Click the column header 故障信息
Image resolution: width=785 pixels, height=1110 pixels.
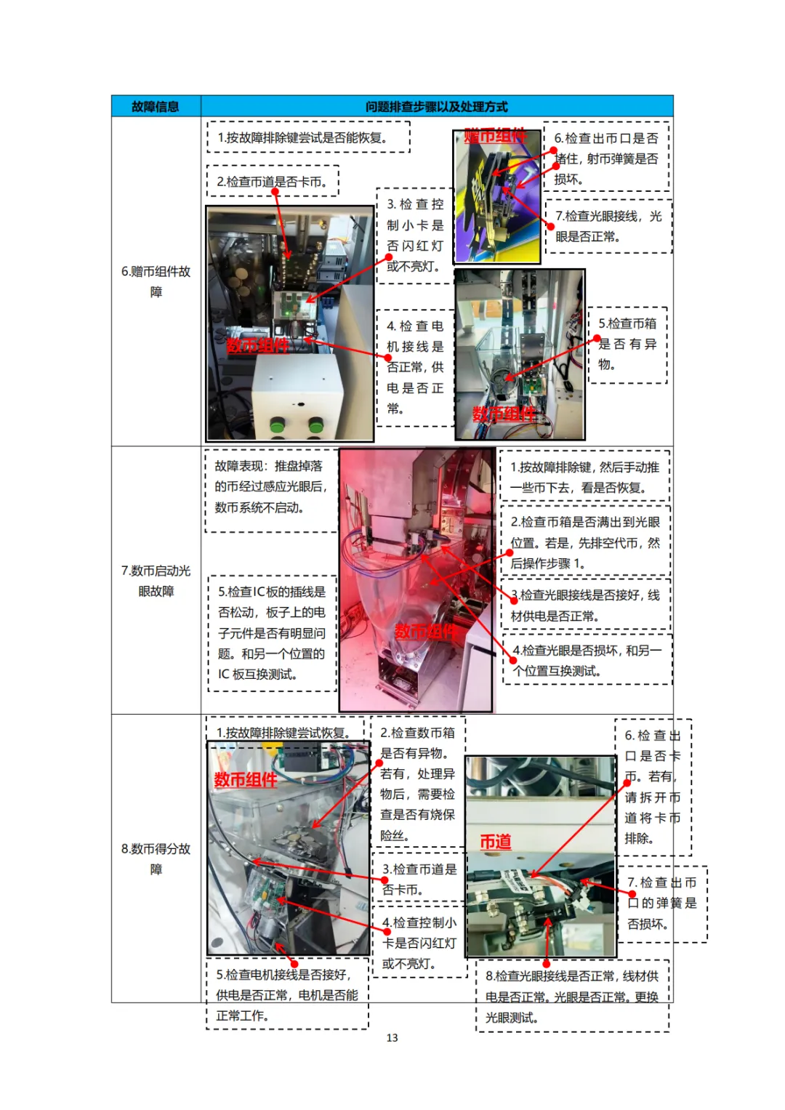155,107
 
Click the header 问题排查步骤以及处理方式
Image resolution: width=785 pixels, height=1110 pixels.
437,107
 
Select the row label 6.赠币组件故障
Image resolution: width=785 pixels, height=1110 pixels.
156,281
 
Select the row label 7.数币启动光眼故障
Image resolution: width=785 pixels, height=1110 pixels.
156,581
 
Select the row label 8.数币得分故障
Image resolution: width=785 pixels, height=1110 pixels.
156,858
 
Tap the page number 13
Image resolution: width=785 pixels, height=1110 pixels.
392,1037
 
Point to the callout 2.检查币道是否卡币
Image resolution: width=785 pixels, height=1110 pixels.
273,182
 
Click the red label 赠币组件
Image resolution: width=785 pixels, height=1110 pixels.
495,136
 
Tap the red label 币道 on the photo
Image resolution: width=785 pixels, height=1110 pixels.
495,842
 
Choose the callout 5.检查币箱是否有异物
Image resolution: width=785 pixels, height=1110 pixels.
627,345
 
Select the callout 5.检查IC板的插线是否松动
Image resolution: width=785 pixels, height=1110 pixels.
272,633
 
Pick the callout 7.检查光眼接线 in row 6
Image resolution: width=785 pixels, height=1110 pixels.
608,227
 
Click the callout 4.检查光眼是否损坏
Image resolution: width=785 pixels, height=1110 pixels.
587,660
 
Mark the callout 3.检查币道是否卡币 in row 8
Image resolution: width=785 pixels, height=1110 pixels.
419,879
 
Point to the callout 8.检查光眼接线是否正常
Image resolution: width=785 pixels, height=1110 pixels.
573,996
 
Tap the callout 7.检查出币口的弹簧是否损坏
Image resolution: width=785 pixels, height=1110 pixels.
662,904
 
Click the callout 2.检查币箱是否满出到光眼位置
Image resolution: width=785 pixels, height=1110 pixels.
585,542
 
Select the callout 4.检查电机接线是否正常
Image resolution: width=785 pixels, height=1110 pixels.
415,367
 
